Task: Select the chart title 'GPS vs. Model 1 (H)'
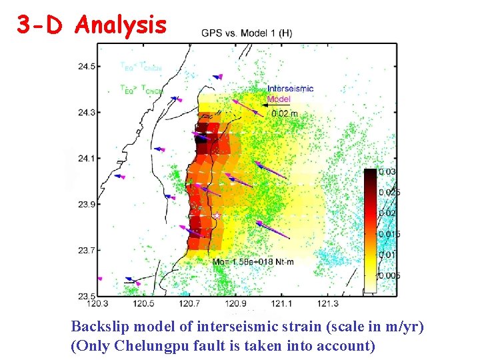tap(246, 33)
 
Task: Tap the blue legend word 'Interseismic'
tap(290, 89)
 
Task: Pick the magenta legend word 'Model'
tap(279, 99)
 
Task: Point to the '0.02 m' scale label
tap(285, 114)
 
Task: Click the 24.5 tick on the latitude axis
tap(85, 66)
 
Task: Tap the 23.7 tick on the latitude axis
tap(85, 250)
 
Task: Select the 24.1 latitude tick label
tap(85, 158)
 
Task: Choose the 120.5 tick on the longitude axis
tap(143, 304)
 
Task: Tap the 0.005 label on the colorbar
tap(389, 275)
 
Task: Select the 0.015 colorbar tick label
tap(389, 234)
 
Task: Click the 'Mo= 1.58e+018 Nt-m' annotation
tap(253, 261)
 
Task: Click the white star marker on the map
tap(217, 216)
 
